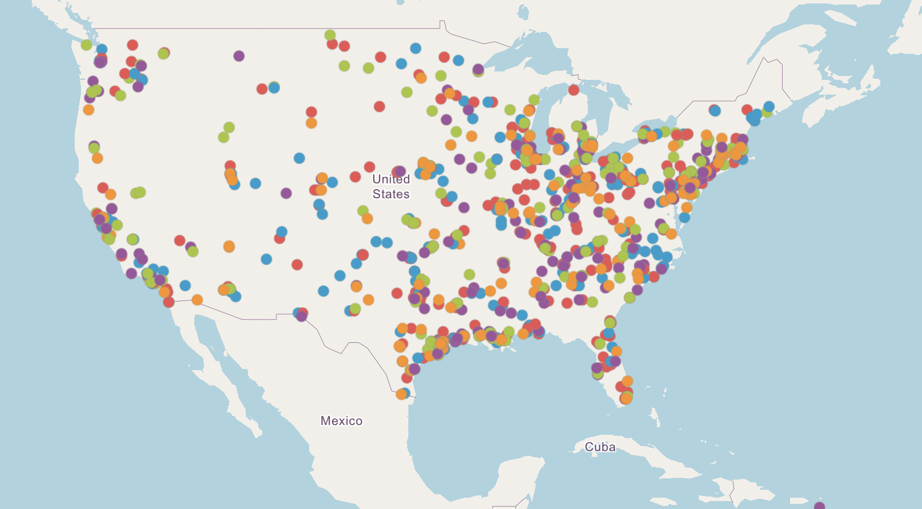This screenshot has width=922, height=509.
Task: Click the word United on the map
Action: [391, 179]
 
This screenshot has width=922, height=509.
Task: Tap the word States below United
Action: [391, 194]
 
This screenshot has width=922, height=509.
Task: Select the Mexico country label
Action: [341, 421]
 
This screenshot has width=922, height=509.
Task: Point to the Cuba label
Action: [600, 447]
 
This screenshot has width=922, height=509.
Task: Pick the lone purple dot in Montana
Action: [239, 56]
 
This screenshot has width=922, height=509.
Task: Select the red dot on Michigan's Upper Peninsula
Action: [574, 90]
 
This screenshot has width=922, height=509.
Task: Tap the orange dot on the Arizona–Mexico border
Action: [197, 299]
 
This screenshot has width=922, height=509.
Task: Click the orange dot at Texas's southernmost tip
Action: [401, 394]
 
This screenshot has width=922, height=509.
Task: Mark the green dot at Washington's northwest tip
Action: [86, 45]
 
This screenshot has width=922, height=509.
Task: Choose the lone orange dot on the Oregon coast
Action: [88, 110]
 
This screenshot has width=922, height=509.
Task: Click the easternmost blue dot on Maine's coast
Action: [769, 106]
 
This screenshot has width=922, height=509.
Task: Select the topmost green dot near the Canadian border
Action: [330, 35]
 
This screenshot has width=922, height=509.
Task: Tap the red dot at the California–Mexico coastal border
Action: [169, 302]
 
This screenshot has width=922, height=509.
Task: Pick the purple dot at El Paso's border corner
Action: [302, 316]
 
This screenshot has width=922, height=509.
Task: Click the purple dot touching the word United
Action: [400, 171]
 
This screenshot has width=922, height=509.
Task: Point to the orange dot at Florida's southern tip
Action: [626, 398]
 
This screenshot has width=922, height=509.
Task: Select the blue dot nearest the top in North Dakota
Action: [416, 48]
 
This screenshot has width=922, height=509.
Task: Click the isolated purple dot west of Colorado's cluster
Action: [286, 193]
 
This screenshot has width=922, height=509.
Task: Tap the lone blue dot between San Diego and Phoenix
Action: [185, 285]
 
